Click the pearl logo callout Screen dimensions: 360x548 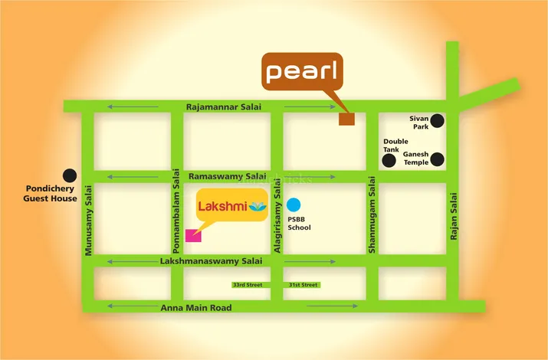302,71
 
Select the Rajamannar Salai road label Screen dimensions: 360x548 223,107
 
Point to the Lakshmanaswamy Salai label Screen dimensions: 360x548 211,261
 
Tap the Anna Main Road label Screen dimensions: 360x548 196,308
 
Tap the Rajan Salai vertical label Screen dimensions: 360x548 453,218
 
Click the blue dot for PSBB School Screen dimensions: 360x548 294,205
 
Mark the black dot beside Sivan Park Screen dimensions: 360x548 437,120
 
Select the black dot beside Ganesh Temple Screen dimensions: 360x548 437,159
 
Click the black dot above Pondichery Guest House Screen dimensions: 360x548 70,175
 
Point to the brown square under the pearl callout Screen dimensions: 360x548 347,118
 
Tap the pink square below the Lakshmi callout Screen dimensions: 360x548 194,234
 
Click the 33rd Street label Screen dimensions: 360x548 247,285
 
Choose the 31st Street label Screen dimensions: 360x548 303,285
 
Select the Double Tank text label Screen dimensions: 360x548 395,146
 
